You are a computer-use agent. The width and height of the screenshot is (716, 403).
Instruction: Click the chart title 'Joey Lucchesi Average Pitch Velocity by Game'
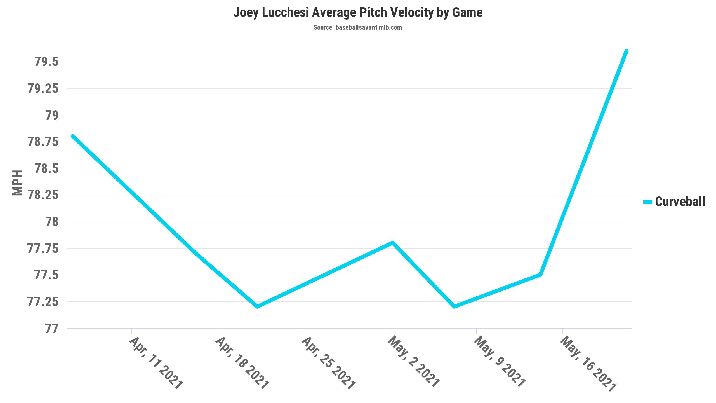tap(358, 13)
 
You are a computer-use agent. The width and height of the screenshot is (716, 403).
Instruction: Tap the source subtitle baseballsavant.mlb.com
tap(358, 27)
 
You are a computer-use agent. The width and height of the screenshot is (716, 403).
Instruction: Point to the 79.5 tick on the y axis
tap(46, 62)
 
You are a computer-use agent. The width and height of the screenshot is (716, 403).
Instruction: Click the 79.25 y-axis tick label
tap(43, 89)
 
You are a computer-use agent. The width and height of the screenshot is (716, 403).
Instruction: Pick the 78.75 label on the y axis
tap(43, 142)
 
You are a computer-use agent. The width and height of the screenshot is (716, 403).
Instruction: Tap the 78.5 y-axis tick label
tap(46, 168)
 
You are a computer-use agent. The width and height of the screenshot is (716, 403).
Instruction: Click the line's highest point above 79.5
tap(626, 51)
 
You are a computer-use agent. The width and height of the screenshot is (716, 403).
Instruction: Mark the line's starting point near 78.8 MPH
tap(73, 136)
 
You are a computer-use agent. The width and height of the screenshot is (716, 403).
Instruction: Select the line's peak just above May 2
tap(393, 243)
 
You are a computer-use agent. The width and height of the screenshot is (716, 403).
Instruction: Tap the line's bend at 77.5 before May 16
tap(540, 275)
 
